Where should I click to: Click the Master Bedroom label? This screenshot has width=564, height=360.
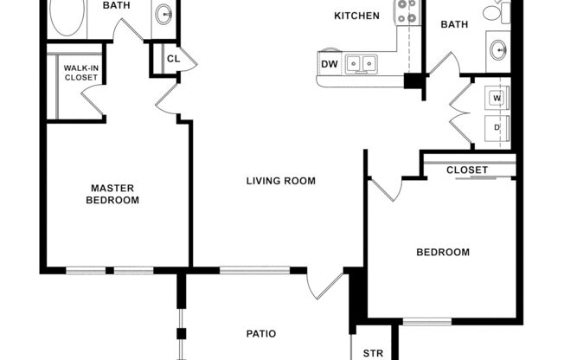tap(112, 194)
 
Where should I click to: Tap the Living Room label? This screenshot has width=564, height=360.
tap(280, 181)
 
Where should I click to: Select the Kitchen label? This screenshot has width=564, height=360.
tap(356, 16)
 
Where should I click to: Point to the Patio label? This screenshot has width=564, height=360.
tap(260, 332)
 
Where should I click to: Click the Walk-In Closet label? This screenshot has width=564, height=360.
tap(81, 72)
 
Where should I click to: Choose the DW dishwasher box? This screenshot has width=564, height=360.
tap(330, 64)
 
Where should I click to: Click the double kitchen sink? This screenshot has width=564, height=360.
tap(362, 63)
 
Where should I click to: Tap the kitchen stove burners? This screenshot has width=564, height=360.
tap(407, 12)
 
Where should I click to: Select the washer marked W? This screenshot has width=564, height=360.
tap(497, 98)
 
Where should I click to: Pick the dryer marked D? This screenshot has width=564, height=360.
tap(497, 128)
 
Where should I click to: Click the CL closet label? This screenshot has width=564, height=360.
tap(173, 60)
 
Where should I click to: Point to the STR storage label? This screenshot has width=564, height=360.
tap(373, 353)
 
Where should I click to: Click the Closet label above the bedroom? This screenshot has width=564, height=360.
tap(467, 170)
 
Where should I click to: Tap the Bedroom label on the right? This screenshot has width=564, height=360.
tap(443, 253)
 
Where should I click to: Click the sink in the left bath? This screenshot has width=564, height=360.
tap(163, 14)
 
